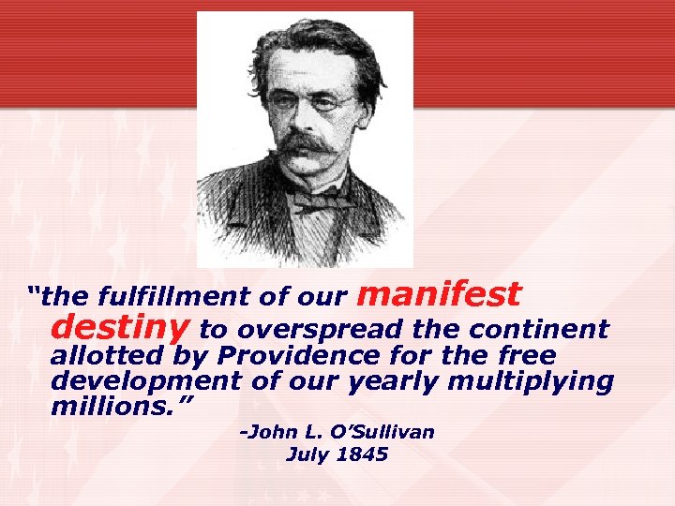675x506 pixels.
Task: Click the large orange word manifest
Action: pyautogui.click(x=439, y=294)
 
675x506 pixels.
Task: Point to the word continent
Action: pyautogui.click(x=539, y=330)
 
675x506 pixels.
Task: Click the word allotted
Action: pyautogui.click(x=110, y=356)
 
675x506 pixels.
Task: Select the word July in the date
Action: pyautogui.click(x=306, y=456)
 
